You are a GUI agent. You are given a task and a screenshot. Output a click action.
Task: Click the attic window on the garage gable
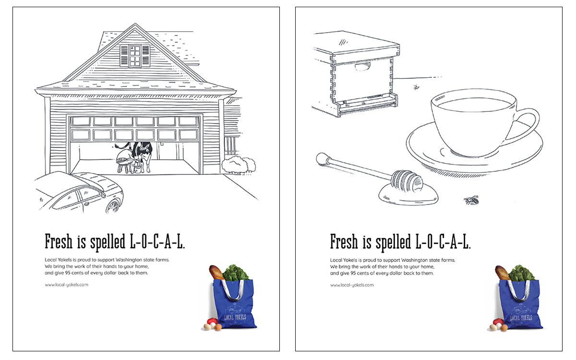[135, 56]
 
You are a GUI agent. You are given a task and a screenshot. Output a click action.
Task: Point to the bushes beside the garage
[239, 164]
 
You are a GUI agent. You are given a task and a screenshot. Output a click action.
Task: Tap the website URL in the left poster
[66, 285]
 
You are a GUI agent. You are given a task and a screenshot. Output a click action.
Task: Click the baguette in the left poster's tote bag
[216, 272]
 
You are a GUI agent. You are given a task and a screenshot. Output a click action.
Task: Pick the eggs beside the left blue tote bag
[212, 326]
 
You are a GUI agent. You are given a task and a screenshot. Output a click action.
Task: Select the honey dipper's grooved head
[406, 181]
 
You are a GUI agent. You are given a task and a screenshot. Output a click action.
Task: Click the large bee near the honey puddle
[471, 200]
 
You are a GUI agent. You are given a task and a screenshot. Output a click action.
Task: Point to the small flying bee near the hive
[416, 87]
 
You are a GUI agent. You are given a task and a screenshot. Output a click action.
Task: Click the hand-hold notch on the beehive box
[362, 67]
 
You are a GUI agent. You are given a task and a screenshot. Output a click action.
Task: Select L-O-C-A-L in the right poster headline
[443, 242]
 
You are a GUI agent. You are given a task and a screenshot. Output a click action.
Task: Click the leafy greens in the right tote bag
[521, 273]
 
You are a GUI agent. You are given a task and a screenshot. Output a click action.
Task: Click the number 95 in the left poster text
[68, 273]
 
